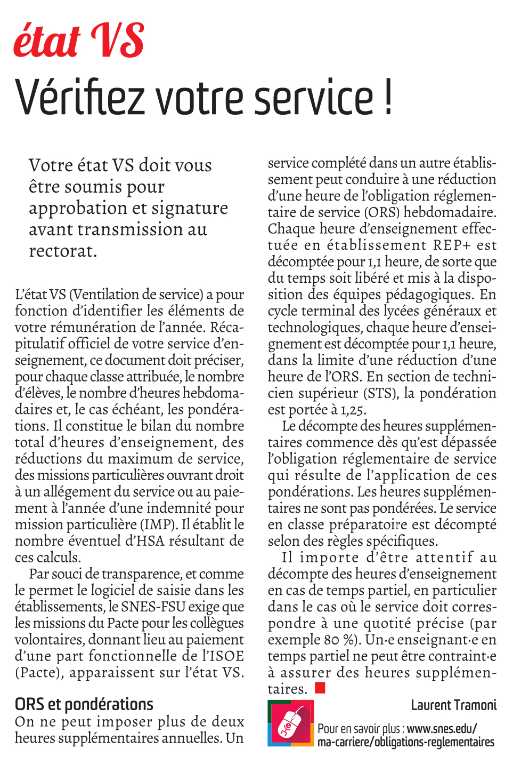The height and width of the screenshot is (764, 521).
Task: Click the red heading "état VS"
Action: coord(79,41)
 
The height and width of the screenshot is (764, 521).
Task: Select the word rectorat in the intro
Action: coord(62,251)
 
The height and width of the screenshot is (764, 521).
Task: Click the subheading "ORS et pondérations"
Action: coord(84,704)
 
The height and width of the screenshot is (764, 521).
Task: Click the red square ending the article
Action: coord(320,688)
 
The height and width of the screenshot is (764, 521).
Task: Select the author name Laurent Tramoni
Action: coord(453,705)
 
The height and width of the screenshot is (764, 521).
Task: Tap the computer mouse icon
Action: coord(291,723)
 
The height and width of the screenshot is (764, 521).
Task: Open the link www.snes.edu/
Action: coord(442,729)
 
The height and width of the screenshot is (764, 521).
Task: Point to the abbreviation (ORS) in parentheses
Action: coord(381,212)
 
